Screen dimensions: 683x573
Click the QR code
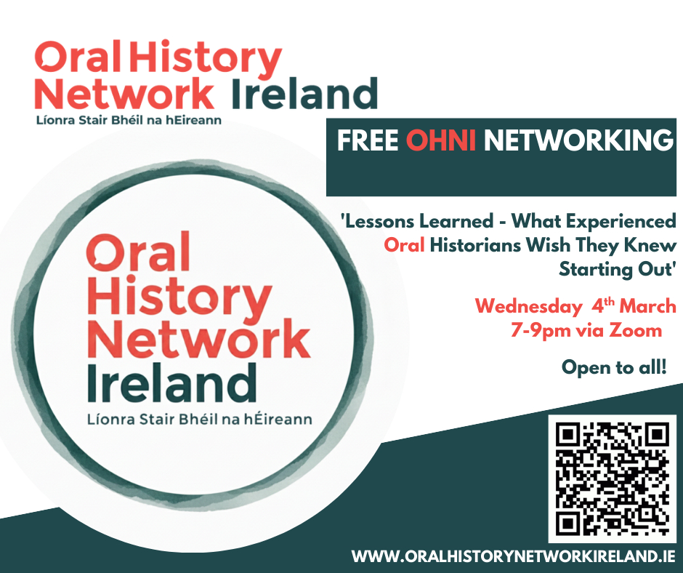click(612, 478)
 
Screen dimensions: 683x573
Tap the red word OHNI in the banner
click(440, 140)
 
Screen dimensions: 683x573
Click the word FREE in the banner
click(368, 140)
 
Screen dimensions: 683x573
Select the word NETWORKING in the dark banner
click(578, 140)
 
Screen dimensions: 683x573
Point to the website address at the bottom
click(514, 556)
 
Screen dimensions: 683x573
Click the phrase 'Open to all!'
click(614, 366)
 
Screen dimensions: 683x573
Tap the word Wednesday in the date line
click(528, 306)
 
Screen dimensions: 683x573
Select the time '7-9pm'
click(541, 331)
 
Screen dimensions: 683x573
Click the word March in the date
click(647, 305)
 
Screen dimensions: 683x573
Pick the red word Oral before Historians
click(404, 245)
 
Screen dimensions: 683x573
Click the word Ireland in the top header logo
click(304, 93)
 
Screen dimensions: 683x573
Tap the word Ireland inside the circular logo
click(172, 383)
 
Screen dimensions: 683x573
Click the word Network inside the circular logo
click(199, 339)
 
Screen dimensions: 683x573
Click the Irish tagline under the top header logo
click(129, 120)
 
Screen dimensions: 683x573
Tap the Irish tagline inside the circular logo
click(200, 419)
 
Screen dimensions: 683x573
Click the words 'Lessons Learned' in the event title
click(417, 221)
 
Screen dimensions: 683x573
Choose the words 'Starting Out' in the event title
click(618, 268)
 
